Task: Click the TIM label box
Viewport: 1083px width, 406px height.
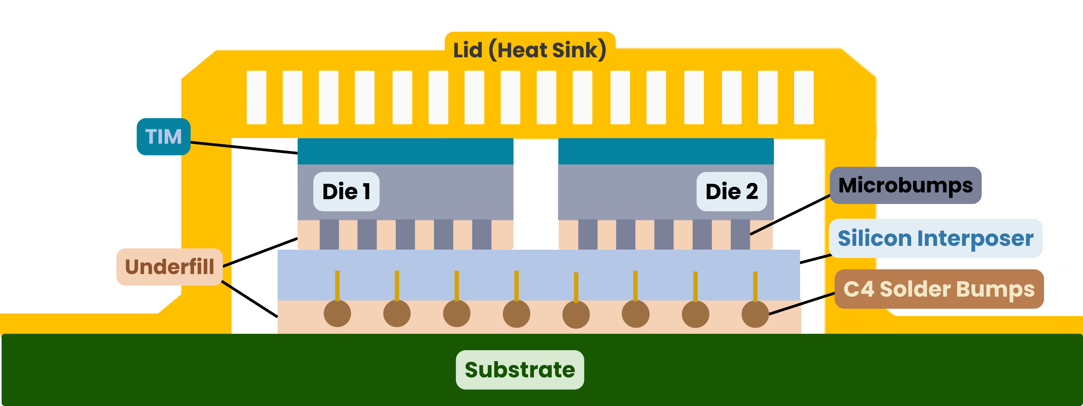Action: pos(164,137)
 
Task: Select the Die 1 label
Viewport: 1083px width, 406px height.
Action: pos(346,192)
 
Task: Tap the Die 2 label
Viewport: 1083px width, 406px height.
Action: pos(731,192)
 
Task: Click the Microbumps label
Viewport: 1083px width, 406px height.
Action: pos(906,185)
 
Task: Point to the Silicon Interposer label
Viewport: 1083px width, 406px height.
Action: pos(935,238)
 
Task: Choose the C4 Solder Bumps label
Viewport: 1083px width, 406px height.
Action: pos(939,289)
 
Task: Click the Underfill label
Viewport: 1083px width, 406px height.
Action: pos(169,267)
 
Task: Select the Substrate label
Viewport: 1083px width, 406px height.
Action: pos(520,370)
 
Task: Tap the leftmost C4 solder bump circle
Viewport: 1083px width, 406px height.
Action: pos(337,314)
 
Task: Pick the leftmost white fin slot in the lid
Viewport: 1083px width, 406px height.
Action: pos(257,97)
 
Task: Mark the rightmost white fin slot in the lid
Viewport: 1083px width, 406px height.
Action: pos(803,97)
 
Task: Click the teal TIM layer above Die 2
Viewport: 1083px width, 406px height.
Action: pos(666,151)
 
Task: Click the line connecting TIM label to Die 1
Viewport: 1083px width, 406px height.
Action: pos(244,148)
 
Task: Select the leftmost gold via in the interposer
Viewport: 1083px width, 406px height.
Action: pos(337,286)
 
